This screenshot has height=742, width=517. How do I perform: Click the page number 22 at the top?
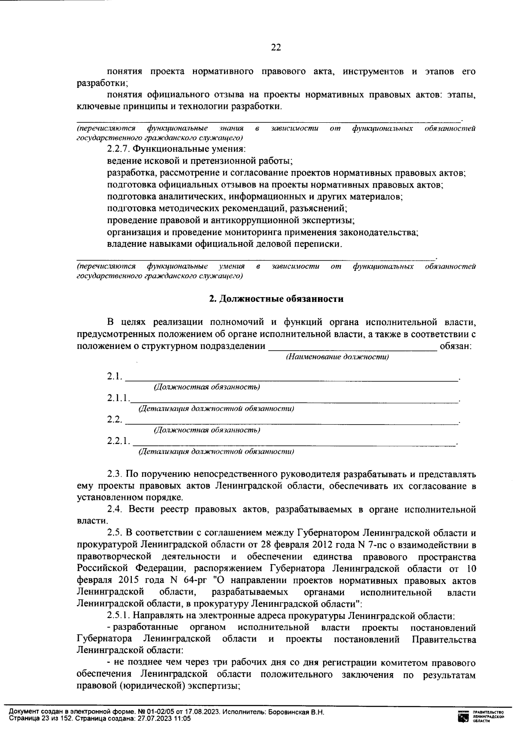pyautogui.click(x=276, y=48)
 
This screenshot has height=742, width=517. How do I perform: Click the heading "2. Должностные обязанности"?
pyautogui.click(x=276, y=299)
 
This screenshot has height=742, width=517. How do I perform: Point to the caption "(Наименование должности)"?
pyautogui.click(x=337, y=357)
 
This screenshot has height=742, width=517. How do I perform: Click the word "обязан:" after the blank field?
pyautogui.click(x=456, y=346)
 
